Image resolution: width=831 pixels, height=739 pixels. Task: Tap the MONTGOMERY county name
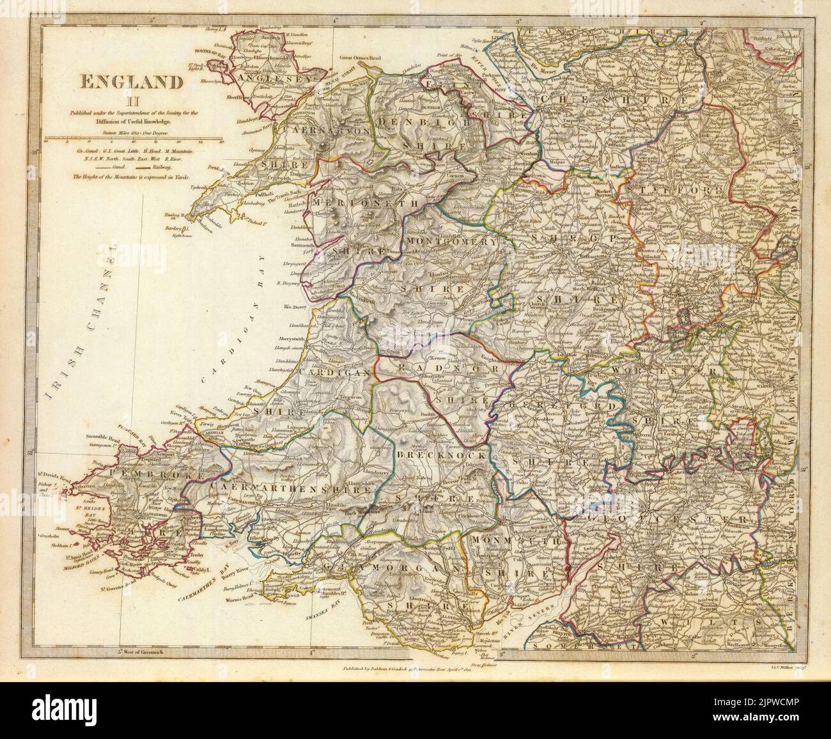451,242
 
